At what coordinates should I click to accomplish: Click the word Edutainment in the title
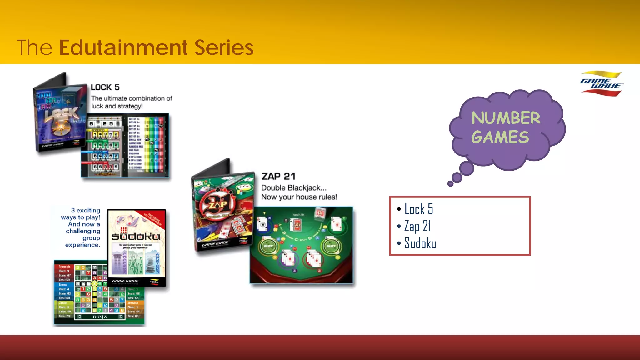coord(123,47)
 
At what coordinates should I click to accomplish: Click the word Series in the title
coord(224,47)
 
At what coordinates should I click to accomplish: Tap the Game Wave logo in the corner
coord(601,83)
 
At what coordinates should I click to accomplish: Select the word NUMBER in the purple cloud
coord(506,118)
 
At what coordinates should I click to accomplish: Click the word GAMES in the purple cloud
coord(500,137)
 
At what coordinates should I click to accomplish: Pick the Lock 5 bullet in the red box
coord(418,209)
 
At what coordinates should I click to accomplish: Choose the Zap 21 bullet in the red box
coord(417,226)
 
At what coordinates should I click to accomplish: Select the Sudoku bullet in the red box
coord(420,243)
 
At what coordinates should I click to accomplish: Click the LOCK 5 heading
coord(105,87)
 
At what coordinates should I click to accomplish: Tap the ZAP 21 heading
coord(278,176)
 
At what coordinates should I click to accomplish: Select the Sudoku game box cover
coord(136,247)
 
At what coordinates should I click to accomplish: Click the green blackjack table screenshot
coord(301,245)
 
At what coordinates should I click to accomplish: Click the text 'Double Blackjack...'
coord(294,188)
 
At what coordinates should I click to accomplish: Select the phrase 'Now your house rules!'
coord(299,197)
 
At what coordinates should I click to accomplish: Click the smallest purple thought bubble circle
coord(450,184)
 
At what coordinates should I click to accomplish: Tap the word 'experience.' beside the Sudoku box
coord(82,245)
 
